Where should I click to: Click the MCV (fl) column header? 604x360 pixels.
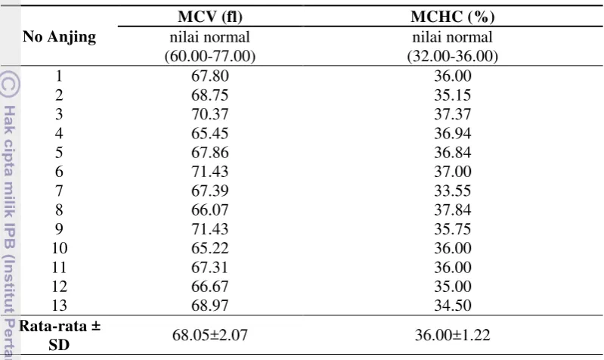tap(210, 17)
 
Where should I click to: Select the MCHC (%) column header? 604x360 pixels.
tap(453, 17)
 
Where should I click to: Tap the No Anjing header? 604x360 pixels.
tap(59, 37)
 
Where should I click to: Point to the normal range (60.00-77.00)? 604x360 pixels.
tap(210, 56)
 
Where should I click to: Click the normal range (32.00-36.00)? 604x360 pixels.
tap(453, 56)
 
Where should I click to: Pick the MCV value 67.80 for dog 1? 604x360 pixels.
tap(210, 76)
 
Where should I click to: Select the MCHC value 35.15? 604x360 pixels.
tap(453, 95)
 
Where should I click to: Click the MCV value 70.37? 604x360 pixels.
tap(210, 114)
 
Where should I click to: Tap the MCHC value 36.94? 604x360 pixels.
tap(453, 133)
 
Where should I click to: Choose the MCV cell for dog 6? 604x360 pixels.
tap(210, 172)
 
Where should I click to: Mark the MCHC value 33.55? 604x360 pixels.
tap(453, 191)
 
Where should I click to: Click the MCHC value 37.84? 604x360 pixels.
tap(453, 210)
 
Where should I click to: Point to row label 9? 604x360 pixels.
tap(59, 229)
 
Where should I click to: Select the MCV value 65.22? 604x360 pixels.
tap(210, 248)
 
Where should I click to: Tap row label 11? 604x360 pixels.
tap(59, 267)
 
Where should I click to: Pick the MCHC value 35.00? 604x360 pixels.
tap(453, 287)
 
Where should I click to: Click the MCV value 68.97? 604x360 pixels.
tap(210, 306)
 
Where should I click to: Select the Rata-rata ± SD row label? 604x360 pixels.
tap(59, 335)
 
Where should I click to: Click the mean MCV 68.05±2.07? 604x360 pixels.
tap(210, 335)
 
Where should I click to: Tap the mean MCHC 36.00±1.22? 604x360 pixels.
tap(453, 335)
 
